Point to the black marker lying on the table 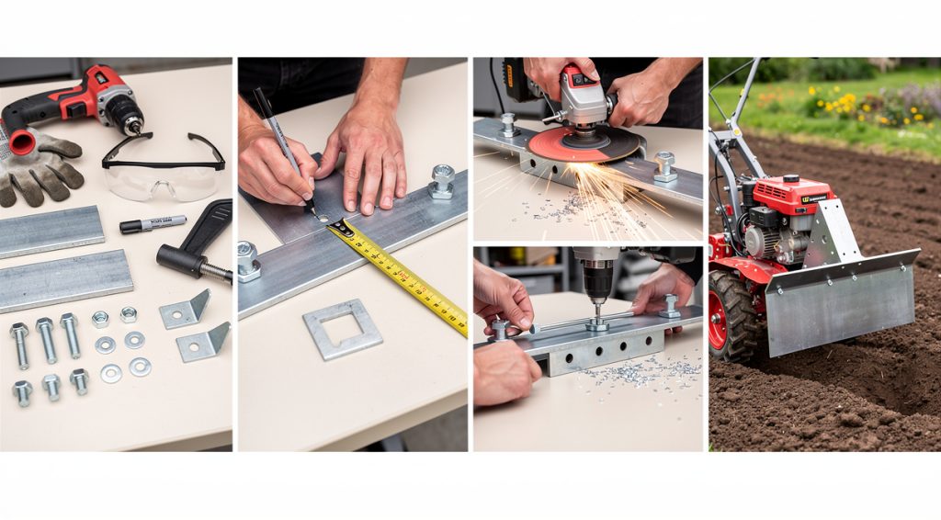tap(152, 223)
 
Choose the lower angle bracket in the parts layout tap(201, 343)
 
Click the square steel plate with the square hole tap(342, 328)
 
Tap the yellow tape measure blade tap(404, 276)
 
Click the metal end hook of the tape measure tap(338, 226)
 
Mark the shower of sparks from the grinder tap(607, 188)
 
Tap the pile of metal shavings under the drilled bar tap(643, 372)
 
